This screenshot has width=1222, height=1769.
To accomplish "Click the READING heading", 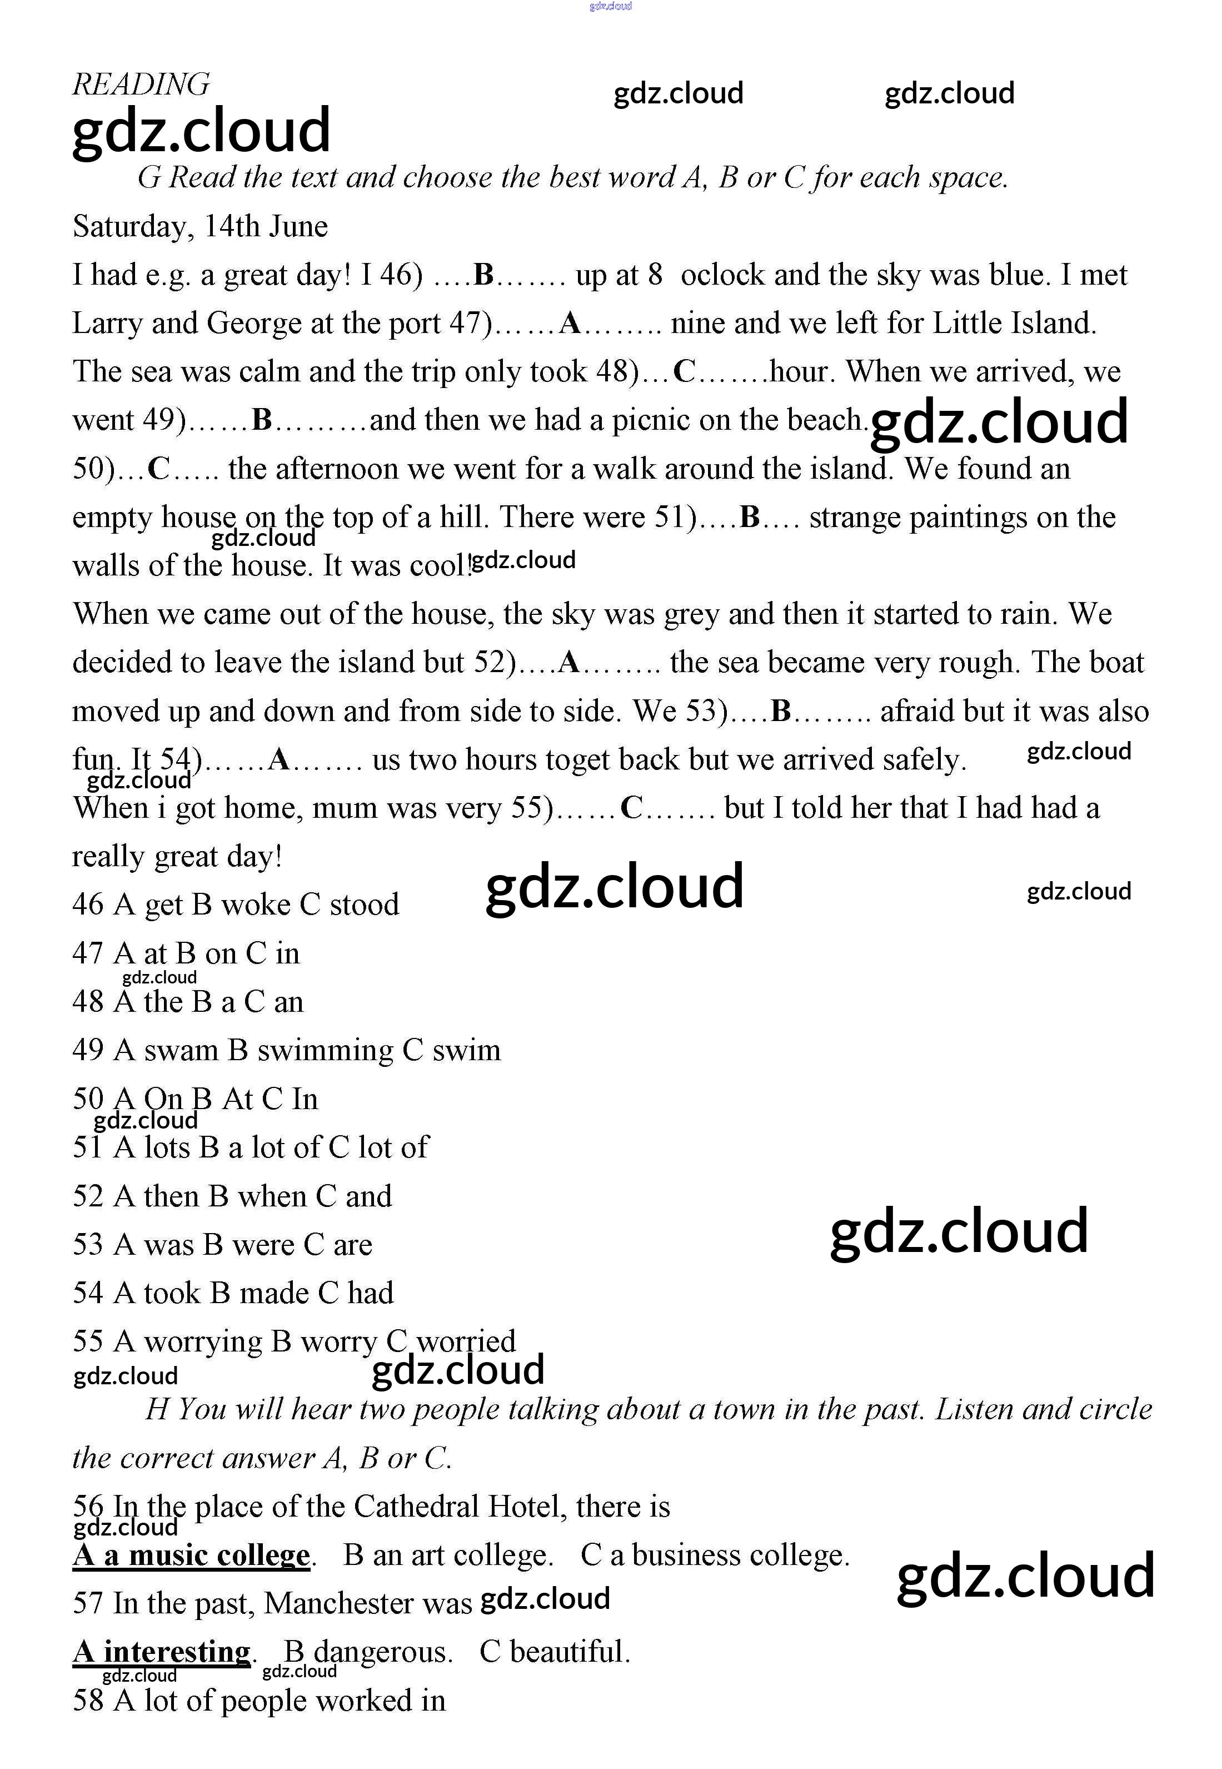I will [141, 85].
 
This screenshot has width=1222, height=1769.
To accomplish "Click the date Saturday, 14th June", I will [200, 227].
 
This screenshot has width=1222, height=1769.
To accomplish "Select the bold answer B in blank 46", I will [484, 275].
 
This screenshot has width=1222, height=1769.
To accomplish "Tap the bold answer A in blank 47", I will [570, 323].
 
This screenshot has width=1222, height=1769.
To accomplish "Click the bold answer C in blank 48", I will [684, 372].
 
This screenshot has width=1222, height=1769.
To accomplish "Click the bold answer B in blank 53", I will [780, 712].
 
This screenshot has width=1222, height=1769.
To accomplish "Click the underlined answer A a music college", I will [191, 1556].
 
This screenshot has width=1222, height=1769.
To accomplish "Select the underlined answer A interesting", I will [162, 1652].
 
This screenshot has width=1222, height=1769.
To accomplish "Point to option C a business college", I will [715, 1556].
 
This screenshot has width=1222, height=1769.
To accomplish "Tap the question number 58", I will [87, 1701].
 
